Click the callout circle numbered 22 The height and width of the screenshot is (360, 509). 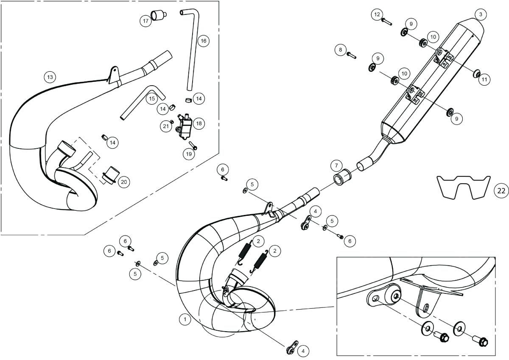tap(501, 191)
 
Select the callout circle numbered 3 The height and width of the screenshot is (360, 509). tap(481, 14)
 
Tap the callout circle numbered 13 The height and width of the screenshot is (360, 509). tap(50, 77)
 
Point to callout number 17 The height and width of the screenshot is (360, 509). tap(145, 21)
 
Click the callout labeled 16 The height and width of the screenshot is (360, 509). tap(203, 41)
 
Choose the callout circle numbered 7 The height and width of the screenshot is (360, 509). tap(336, 165)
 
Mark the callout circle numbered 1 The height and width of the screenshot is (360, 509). tap(185, 319)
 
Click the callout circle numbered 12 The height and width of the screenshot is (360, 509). tap(377, 14)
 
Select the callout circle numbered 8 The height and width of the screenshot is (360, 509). tap(340, 50)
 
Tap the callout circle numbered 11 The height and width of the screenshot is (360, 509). tap(484, 79)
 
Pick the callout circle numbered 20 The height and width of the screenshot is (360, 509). tap(124, 182)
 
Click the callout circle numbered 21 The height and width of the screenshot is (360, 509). tap(166, 126)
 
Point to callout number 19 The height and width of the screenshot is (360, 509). tap(189, 154)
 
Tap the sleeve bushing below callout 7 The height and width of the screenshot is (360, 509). tap(342, 177)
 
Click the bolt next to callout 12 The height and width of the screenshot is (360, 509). tap(386, 22)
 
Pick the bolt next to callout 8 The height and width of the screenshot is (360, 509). tap(352, 56)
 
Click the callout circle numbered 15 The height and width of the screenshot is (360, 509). tap(152, 98)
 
